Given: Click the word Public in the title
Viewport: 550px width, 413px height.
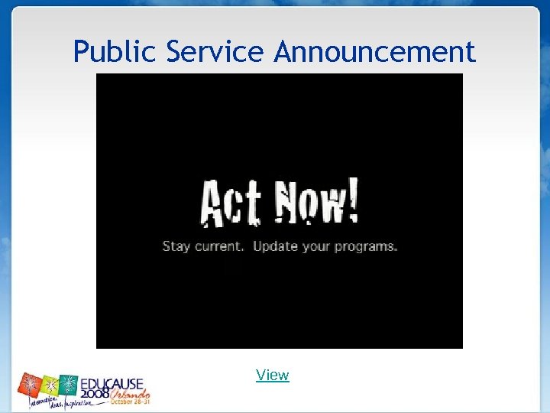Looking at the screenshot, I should point(115,52).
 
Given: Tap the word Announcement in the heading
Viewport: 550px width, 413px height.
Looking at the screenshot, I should point(374,52).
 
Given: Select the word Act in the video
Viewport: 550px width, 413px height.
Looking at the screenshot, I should point(231,204).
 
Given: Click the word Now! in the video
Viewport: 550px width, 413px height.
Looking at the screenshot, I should point(315,203).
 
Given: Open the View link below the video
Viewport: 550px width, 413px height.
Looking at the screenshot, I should point(273,375).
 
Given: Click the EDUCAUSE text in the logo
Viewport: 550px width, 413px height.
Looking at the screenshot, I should point(113,383).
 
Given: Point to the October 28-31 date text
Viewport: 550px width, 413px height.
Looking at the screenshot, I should point(131,402).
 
